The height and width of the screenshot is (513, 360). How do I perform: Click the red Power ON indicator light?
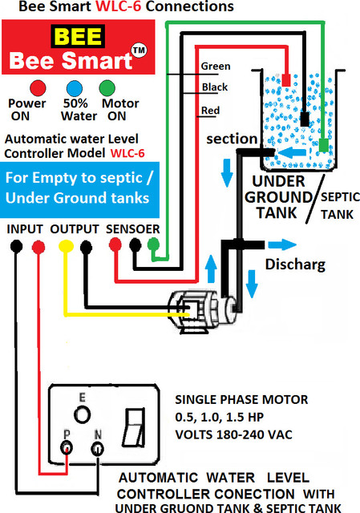38,88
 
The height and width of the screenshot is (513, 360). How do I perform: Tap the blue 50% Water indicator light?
75,88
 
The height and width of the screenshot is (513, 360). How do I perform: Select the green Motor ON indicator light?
107,88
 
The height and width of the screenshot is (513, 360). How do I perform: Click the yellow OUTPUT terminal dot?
66,246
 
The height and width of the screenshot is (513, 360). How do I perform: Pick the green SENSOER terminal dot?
153,244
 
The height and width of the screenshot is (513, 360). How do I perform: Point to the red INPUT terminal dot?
38,247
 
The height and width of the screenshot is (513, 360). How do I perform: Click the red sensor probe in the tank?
286,80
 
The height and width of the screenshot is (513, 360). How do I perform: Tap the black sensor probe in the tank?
305,119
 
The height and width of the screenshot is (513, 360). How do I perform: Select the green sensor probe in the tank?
324,145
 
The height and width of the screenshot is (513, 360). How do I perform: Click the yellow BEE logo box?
78,36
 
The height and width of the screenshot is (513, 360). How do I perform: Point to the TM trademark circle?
139,50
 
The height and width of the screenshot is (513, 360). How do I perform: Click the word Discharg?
295,265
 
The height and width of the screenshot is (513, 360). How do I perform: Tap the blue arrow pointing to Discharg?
282,244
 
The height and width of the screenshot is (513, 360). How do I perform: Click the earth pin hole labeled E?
82,414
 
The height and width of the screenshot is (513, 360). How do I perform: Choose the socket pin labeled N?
98,449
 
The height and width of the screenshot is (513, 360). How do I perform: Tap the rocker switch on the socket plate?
134,427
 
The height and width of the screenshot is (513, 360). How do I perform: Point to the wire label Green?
216,67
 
